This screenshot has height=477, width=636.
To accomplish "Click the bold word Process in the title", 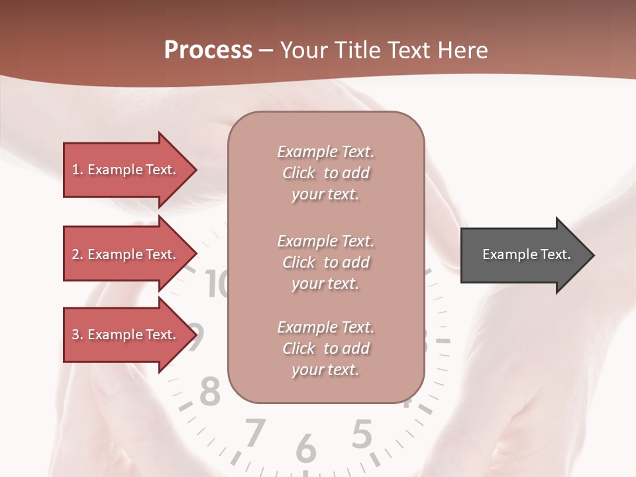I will click(208, 50).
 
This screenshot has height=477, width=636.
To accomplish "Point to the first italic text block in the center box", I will click(325, 173).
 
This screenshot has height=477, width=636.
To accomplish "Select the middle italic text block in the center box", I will click(325, 262).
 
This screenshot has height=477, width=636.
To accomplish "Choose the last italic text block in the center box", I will click(325, 348).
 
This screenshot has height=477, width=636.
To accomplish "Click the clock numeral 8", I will click(210, 392).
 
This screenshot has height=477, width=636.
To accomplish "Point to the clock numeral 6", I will click(305, 449).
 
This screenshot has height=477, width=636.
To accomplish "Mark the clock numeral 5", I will click(361, 435).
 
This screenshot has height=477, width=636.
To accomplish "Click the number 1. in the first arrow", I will click(78, 170).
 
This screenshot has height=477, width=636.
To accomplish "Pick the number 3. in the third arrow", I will click(78, 335).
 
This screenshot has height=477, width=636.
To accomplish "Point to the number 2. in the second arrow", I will click(78, 254).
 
